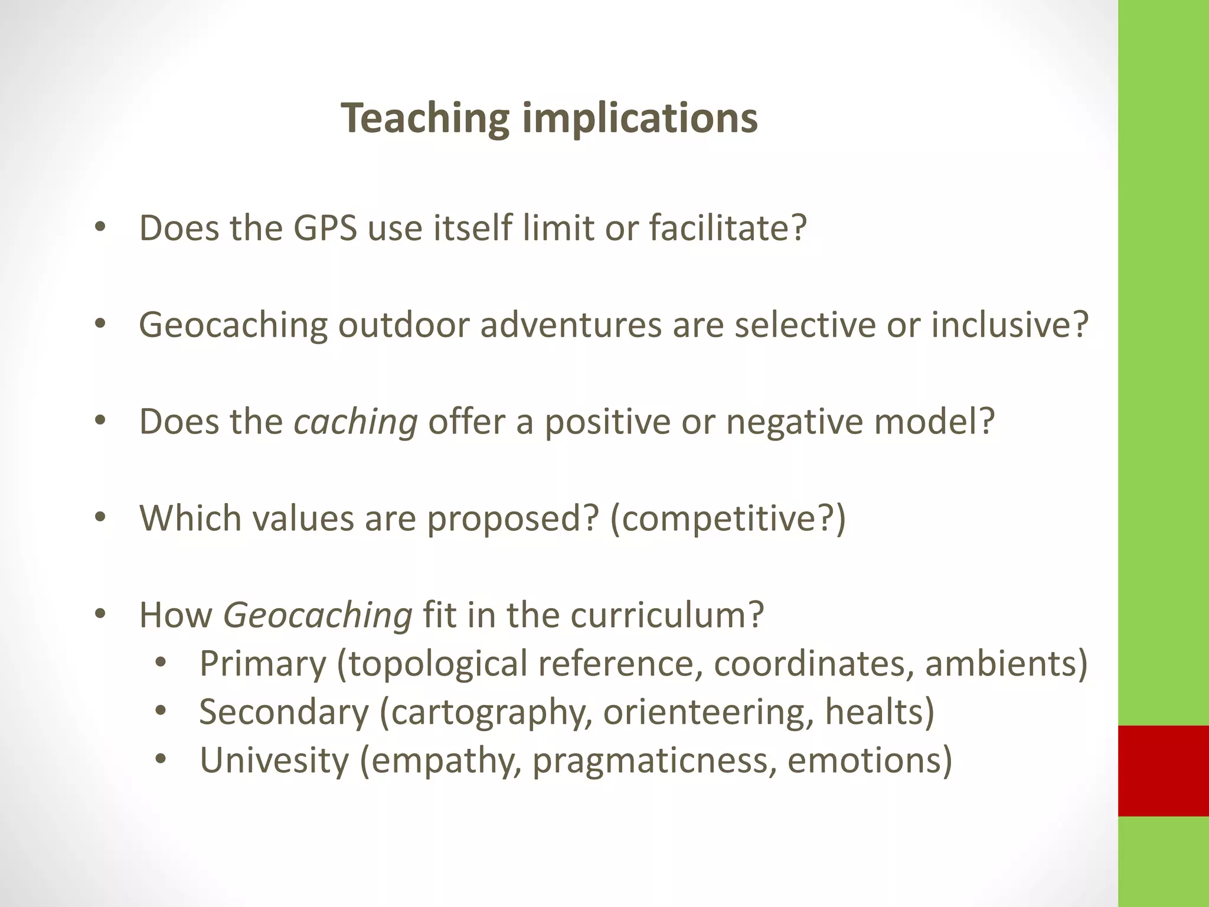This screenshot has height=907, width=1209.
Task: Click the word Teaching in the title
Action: point(424,118)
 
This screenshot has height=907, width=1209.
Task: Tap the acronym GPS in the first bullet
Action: point(325,228)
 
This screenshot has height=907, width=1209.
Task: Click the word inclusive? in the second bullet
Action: point(1009,325)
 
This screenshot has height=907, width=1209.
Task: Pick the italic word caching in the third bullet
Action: point(355,423)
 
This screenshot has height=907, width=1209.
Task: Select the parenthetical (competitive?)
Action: point(727,519)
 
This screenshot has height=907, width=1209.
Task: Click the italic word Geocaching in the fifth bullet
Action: point(318,616)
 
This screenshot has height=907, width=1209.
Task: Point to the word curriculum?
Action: point(667,615)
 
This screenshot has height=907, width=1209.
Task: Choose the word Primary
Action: point(263,664)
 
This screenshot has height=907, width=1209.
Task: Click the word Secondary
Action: point(284,712)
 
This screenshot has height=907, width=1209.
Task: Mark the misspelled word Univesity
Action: point(275,760)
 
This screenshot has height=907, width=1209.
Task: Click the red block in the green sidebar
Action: point(1164,771)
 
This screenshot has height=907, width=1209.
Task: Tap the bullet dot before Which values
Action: point(100,518)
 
